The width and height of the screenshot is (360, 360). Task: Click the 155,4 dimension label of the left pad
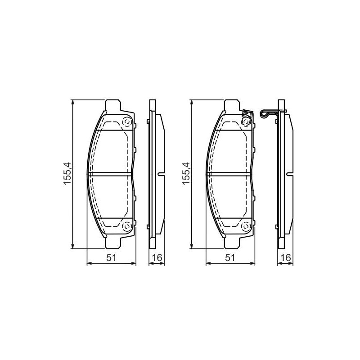point(67,174)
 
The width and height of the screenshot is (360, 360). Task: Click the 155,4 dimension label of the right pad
point(186,174)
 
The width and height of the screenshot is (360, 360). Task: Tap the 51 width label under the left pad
point(112,257)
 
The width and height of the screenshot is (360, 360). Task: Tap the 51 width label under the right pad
point(230,257)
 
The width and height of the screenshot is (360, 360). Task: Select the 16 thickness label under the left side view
point(157,257)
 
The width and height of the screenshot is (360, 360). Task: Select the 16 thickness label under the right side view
point(286,257)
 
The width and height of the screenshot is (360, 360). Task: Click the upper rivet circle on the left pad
point(127,122)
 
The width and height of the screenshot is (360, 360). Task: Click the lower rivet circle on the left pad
point(127,227)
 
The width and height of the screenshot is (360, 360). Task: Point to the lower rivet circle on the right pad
point(246,227)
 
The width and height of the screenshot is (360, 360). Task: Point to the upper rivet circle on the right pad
point(246,121)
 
